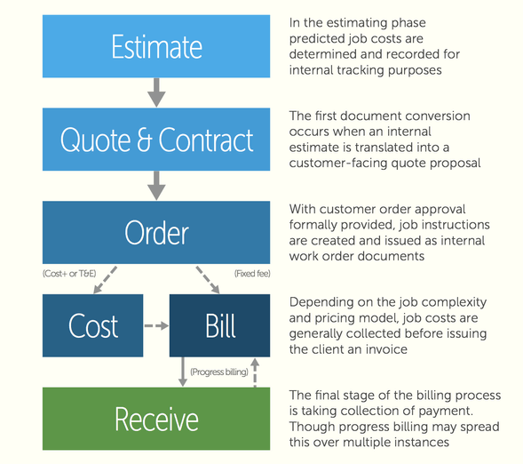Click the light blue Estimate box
[x=157, y=46]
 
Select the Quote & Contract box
[x=157, y=140]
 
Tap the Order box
[x=157, y=233]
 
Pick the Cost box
[x=93, y=325]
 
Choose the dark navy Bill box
[x=220, y=325]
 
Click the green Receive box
[x=157, y=418]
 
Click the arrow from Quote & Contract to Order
[x=157, y=184]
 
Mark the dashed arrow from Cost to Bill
[x=156, y=325]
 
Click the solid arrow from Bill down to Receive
[x=183, y=372]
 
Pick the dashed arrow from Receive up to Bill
[x=256, y=372]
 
